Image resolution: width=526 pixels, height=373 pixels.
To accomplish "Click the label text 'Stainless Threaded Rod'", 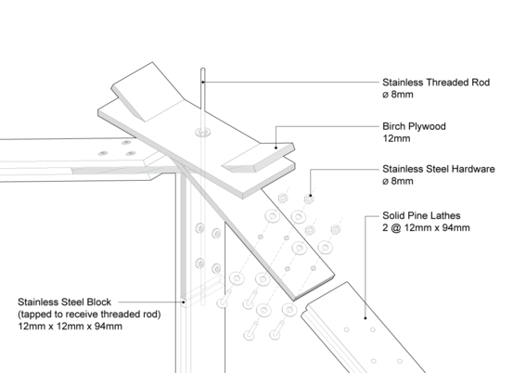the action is coord(436,83).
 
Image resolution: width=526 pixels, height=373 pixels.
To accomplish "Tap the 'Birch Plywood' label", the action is coord(414,126).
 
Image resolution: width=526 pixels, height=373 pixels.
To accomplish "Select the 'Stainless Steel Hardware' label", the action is coord(439,169).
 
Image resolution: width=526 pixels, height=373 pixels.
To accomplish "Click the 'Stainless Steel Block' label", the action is coord(64,302).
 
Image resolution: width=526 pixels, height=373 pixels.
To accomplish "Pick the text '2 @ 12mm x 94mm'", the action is coord(426,227).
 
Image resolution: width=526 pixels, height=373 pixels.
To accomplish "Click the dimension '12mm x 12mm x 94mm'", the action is coord(71,327).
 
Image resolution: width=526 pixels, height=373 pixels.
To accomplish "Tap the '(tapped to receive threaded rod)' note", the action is coord(89,315).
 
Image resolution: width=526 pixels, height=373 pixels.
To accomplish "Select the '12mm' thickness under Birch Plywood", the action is coord(396,138).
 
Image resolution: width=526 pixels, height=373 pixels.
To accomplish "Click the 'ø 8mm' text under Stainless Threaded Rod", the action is coord(398,95).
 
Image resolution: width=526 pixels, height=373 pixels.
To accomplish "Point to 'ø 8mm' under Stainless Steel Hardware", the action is coord(398,181).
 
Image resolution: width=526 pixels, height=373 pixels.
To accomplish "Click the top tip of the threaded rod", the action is coord(202,69).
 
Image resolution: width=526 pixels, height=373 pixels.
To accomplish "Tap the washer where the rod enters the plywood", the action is coord(203,132).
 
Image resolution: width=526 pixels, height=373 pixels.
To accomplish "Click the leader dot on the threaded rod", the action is coord(203,82).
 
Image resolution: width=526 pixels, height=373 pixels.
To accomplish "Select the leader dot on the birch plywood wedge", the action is coord(276,148).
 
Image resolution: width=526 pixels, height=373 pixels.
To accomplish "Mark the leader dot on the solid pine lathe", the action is coord(366,318).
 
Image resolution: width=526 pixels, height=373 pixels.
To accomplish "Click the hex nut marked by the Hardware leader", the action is coord(309,199).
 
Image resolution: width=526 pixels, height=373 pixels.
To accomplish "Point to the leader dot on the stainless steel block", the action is coord(183,302).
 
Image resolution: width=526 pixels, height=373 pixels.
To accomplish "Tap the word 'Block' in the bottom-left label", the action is coord(99,302).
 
